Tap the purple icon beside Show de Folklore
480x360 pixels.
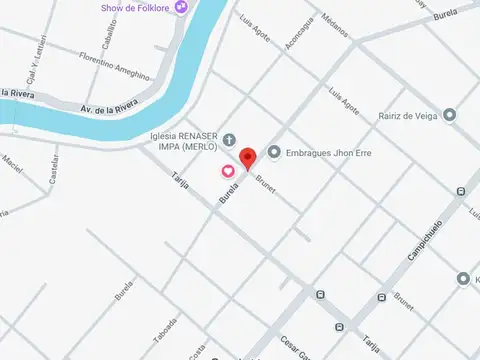pyautogui.click(x=181, y=8)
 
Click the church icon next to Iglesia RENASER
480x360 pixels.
pyautogui.click(x=229, y=139)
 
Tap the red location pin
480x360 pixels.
pyautogui.click(x=247, y=157)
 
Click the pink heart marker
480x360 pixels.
pyautogui.click(x=227, y=171)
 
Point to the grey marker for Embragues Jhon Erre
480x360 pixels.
pyautogui.click(x=274, y=152)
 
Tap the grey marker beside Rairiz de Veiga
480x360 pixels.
pyautogui.click(x=449, y=115)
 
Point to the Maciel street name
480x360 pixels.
pyautogui.click(x=12, y=160)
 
